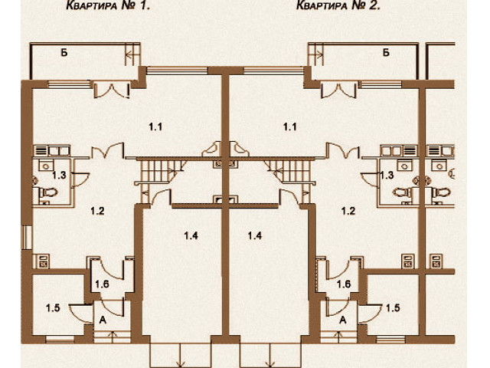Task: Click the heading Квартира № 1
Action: point(108,5)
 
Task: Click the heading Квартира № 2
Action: point(338,5)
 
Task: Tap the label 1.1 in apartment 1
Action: point(155,127)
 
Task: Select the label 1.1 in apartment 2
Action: point(289,127)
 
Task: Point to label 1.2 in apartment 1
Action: point(97,211)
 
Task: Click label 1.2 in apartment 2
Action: point(348,211)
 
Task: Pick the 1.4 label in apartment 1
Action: point(191,235)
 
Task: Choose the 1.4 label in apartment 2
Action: point(255,235)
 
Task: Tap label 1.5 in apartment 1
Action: point(53,308)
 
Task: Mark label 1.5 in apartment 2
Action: point(393,308)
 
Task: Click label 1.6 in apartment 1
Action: point(102,284)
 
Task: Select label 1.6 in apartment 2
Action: point(344,284)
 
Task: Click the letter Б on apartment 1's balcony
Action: point(64,53)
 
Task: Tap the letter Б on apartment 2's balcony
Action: point(386,53)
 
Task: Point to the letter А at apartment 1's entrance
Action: point(103,320)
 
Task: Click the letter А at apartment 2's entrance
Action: point(343,320)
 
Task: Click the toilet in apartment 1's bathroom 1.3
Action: point(47,192)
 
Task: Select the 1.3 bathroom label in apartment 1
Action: point(59,176)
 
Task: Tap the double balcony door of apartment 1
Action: point(112,89)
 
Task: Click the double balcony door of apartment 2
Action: point(338,89)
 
